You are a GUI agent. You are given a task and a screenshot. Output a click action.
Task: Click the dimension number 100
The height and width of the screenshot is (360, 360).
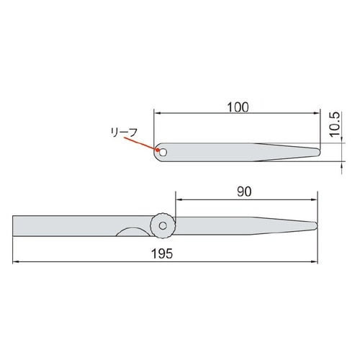point(238,107)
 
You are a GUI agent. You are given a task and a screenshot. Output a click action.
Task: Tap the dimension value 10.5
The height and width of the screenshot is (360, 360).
point(335,125)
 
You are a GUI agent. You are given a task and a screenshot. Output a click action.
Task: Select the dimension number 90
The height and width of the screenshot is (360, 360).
point(244,192)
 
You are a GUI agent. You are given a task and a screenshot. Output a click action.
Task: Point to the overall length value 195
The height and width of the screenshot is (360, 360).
point(162,253)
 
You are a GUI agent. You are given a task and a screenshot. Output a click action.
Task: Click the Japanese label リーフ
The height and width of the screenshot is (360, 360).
point(124,132)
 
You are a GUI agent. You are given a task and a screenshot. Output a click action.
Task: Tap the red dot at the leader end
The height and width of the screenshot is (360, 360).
point(158,150)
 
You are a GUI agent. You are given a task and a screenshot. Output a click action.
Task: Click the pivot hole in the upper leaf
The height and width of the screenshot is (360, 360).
point(163,152)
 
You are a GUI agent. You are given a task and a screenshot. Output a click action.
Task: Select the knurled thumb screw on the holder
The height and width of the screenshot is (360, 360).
point(163,225)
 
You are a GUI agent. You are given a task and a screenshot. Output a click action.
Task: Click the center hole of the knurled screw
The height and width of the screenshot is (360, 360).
point(163,225)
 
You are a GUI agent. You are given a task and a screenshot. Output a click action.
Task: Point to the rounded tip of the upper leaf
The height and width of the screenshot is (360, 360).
point(319,152)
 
